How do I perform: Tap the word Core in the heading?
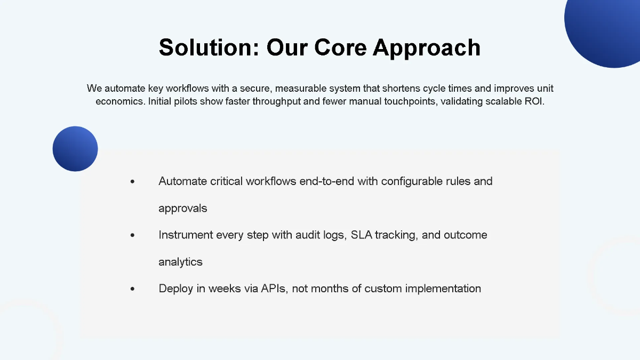click(340, 47)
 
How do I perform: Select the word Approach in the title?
click(427, 47)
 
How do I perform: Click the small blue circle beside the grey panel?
click(75, 149)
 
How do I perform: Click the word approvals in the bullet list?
click(183, 209)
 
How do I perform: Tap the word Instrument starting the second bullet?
click(186, 235)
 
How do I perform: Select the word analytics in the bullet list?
click(180, 262)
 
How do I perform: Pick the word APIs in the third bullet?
click(274, 289)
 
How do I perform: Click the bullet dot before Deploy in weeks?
click(132, 289)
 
